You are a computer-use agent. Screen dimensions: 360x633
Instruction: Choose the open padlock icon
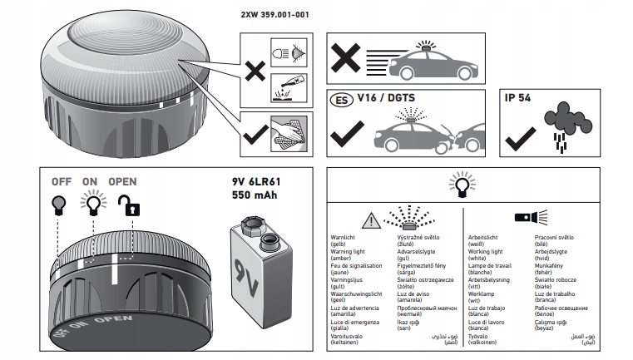[126, 205]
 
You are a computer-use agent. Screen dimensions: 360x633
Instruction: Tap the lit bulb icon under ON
[93, 202]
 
